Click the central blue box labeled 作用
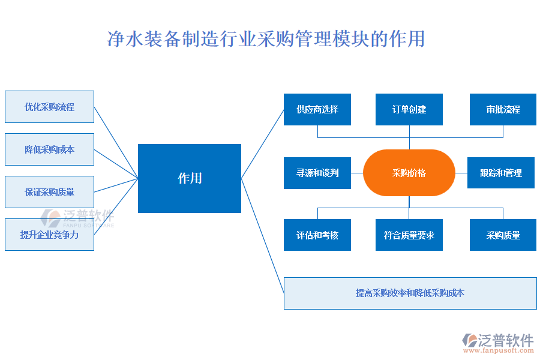(x=190, y=178)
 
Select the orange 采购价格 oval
(x=409, y=173)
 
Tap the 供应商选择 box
(x=317, y=109)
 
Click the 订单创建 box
(x=409, y=109)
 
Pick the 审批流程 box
(x=503, y=109)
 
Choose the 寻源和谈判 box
(x=317, y=173)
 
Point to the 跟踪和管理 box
(x=501, y=173)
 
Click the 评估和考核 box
(x=317, y=235)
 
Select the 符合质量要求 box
(x=409, y=235)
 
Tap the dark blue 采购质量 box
(x=503, y=235)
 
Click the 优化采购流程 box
(x=49, y=107)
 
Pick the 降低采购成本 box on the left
(x=49, y=149)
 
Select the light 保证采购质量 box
(x=49, y=192)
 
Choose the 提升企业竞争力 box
(x=49, y=235)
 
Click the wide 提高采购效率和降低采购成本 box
(x=410, y=293)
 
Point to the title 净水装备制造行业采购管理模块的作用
(x=266, y=39)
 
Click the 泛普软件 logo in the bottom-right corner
(x=498, y=340)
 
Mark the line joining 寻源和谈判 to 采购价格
(x=357, y=173)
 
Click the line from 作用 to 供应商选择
(x=262, y=144)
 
